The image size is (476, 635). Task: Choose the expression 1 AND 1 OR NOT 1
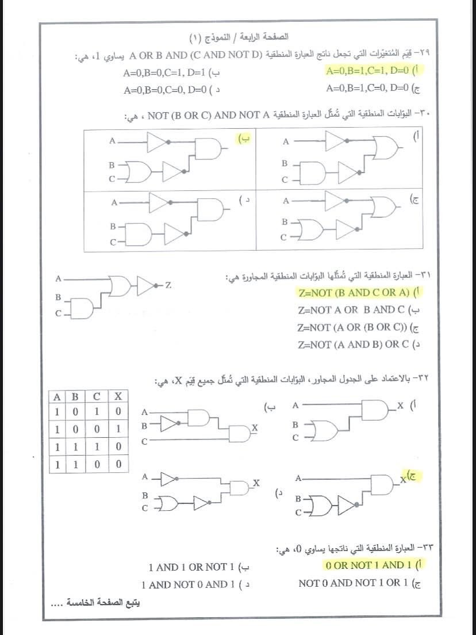point(187,567)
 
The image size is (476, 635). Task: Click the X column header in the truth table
point(117,396)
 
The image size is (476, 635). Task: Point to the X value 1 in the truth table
point(117,429)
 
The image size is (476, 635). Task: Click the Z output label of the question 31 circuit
point(168,285)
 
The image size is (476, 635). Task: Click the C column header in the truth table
point(97,396)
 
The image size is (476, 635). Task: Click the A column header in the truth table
point(57,396)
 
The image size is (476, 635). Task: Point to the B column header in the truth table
point(75,396)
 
